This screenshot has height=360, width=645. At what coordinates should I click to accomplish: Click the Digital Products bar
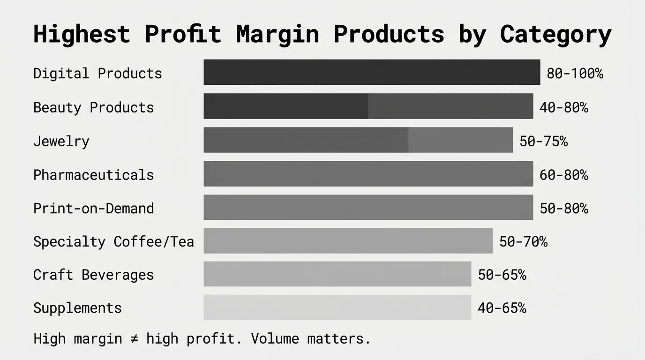pos(372,72)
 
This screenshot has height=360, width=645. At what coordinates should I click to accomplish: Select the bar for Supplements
pos(337,307)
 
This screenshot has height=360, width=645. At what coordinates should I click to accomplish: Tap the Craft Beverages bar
pos(337,274)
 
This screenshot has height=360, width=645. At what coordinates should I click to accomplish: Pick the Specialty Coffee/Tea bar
pos(348,241)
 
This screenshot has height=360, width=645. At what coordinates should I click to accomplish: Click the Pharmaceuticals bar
pos(368,174)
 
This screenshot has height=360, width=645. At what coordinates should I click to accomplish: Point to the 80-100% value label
pos(575,74)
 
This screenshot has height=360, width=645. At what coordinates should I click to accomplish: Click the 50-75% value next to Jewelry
pos(543,141)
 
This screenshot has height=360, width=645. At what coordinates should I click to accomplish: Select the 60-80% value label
pos(563,175)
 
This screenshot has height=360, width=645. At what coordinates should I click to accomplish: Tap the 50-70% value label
pos(523,241)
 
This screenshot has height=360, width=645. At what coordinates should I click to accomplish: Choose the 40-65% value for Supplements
pos(502,308)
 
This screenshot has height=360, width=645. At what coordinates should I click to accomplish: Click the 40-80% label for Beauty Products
pos(563,107)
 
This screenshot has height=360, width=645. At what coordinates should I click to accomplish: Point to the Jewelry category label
pos(61,141)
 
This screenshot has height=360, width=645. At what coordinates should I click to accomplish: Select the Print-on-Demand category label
pos(93,208)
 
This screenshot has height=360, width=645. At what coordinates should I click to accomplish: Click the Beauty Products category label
pos(93,107)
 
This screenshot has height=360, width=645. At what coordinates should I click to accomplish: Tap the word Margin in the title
pos(277,34)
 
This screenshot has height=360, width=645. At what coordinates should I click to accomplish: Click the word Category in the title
pos(555,34)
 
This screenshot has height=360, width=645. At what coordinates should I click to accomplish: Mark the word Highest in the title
pos(81,34)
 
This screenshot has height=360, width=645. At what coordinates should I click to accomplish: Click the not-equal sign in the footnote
pos(134,338)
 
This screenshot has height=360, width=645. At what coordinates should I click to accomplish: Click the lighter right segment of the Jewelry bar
pos(460,140)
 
